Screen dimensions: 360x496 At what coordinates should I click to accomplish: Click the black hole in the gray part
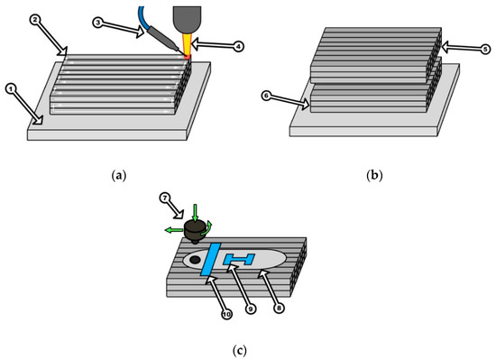click(195, 261)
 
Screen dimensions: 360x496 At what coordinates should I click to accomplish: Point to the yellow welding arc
click(187, 42)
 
